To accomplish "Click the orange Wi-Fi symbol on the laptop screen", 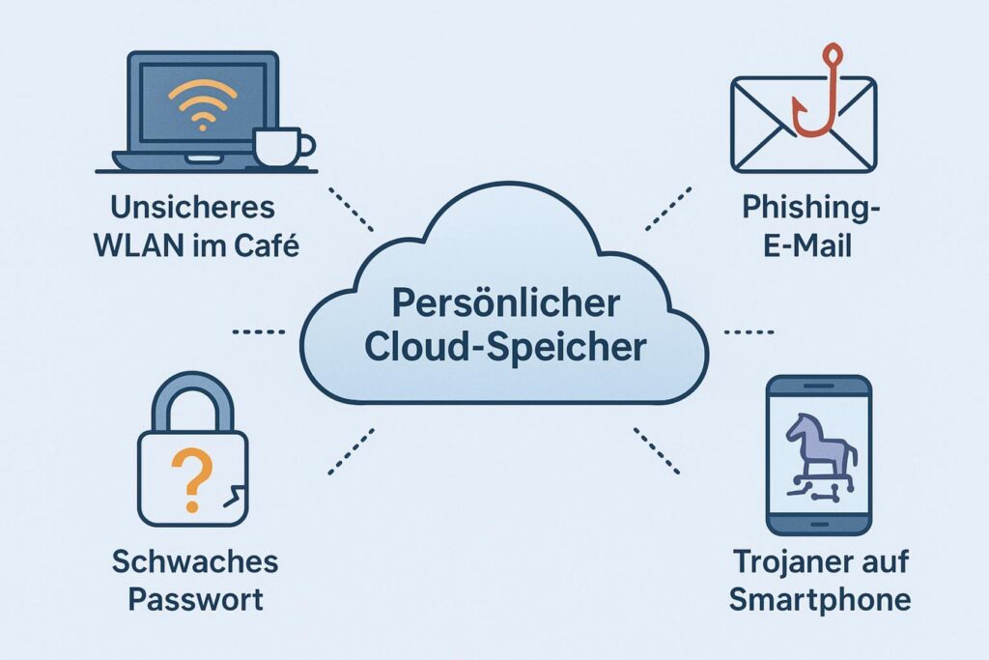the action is pyautogui.click(x=202, y=105).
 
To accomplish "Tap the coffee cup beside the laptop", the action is pyautogui.click(x=281, y=147).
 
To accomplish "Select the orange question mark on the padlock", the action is pyautogui.click(x=192, y=479).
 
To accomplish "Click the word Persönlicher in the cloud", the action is pyautogui.click(x=506, y=303).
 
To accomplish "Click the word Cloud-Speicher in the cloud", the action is pyautogui.click(x=505, y=346).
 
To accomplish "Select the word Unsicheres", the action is pyautogui.click(x=193, y=208).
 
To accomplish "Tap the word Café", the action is pyautogui.click(x=267, y=245).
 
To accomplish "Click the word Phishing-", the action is pyautogui.click(x=810, y=208).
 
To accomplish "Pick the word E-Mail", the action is pyautogui.click(x=807, y=245).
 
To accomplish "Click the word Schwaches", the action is pyautogui.click(x=195, y=561).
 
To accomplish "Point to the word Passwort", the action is pyautogui.click(x=195, y=599).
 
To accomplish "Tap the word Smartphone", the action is pyautogui.click(x=820, y=599).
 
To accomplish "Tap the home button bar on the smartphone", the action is pyautogui.click(x=820, y=524).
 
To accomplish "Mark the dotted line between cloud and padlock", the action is pyautogui.click(x=352, y=451).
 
